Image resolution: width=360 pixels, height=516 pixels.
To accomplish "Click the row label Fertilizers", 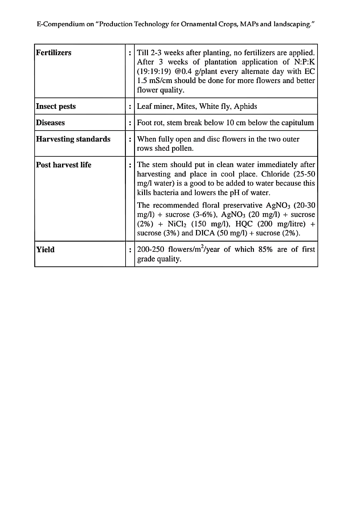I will [54, 53].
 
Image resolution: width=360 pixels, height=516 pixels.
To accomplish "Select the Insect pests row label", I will [56, 106].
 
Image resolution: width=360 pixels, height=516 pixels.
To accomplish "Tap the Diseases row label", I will [50, 123].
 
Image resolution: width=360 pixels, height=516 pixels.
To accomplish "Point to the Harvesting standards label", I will [73, 139].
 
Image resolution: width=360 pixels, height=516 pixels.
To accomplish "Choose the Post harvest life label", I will [64, 165].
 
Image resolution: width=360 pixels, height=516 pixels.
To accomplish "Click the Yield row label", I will [45, 250].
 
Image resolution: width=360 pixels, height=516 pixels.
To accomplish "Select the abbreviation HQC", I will [244, 224].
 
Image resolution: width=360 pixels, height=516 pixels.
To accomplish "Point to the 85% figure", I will [265, 250].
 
